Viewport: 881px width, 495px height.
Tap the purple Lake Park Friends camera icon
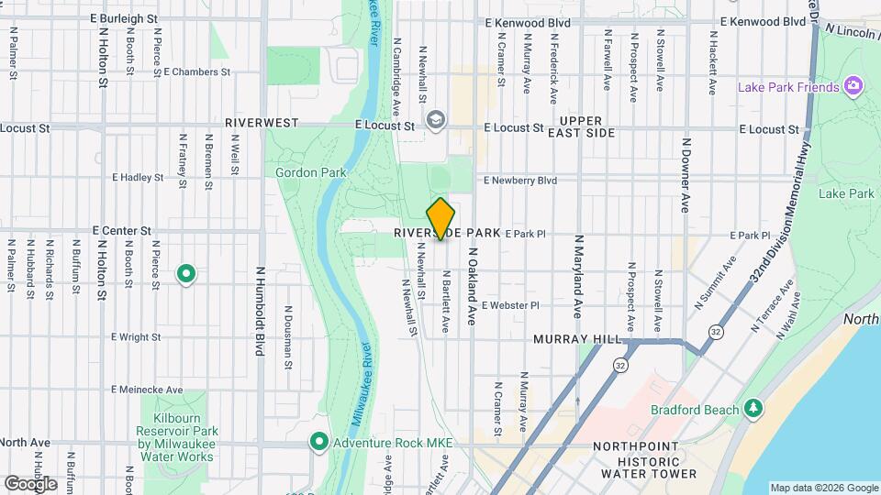pyautogui.click(x=854, y=86)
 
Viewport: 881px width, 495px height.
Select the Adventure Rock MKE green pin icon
pyautogui.click(x=318, y=442)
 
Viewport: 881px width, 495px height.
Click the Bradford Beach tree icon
pyautogui.click(x=753, y=407)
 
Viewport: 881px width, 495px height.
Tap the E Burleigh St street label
pyautogui.click(x=125, y=17)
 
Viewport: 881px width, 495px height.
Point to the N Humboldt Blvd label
pyautogui.click(x=261, y=312)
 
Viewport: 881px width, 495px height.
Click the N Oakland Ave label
pyautogui.click(x=473, y=273)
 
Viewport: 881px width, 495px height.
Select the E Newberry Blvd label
pyautogui.click(x=520, y=181)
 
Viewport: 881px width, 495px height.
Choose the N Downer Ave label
pyautogui.click(x=686, y=175)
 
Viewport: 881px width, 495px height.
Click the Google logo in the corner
pyautogui.click(x=30, y=484)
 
